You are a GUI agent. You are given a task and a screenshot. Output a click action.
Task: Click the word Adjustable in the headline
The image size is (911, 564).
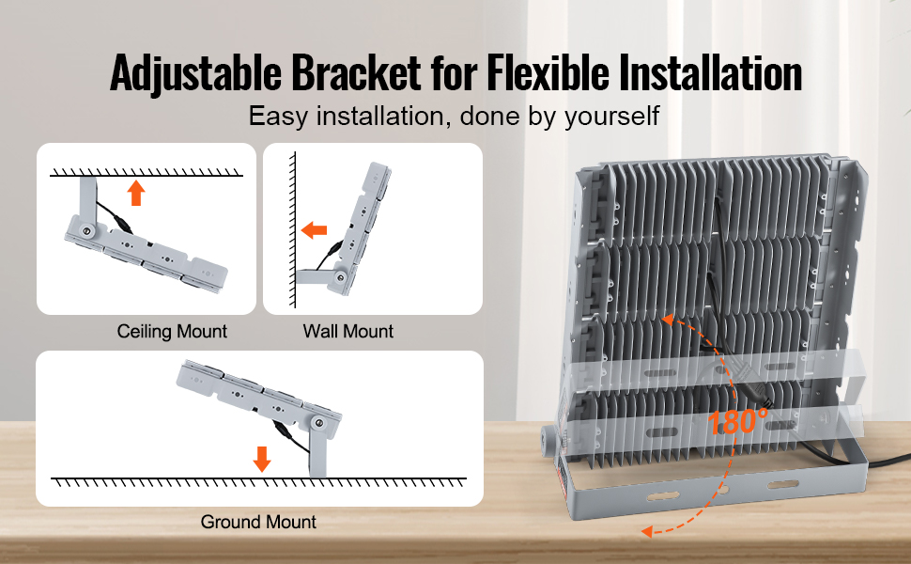coord(195,72)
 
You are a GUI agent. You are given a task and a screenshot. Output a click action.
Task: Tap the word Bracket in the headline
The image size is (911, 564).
coord(356,72)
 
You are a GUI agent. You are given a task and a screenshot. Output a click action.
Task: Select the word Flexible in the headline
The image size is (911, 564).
coord(548,72)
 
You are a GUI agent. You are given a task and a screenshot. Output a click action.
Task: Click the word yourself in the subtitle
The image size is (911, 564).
coord(611,117)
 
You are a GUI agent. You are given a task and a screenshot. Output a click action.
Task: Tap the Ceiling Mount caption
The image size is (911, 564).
coord(172,332)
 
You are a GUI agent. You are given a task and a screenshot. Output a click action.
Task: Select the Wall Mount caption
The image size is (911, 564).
coord(348,332)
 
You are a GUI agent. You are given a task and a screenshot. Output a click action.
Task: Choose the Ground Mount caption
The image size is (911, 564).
coord(258,522)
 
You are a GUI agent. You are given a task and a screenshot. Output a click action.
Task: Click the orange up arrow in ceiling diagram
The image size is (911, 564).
coord(136,193)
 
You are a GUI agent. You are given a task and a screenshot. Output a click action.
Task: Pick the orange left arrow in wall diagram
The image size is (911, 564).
coord(315,230)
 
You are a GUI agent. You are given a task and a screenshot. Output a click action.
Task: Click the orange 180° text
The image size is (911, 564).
coord(738,421)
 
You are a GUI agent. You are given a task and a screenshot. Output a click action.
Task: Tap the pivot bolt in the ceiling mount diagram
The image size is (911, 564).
coord(87,231)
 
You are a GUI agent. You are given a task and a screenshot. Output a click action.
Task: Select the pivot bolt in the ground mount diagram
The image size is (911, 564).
coord(319,424)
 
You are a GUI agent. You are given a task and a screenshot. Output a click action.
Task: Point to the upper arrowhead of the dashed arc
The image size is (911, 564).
coord(668,320)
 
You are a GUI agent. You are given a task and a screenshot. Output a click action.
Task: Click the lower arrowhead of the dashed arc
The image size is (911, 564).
coord(647,530)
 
